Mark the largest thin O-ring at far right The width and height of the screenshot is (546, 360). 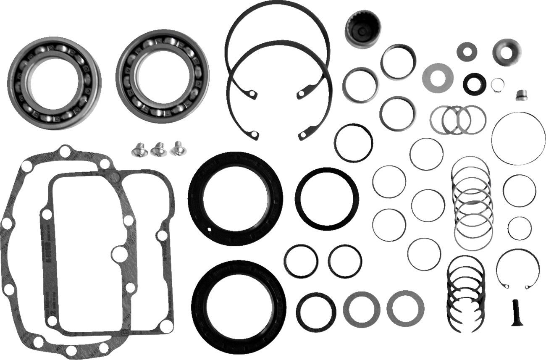tap(518, 138)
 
